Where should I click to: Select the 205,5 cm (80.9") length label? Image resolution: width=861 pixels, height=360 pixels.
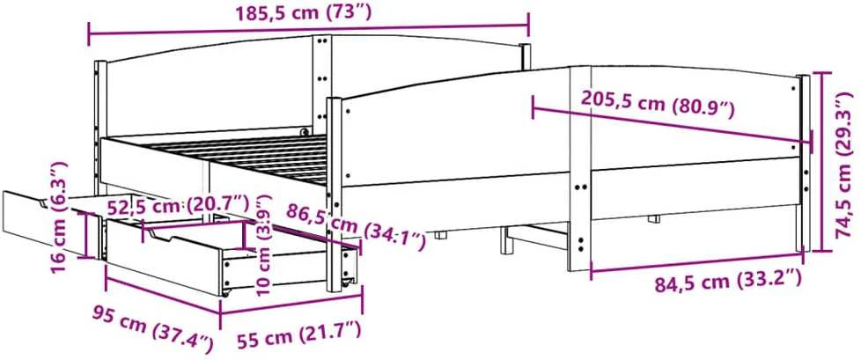pyautogui.click(x=658, y=104)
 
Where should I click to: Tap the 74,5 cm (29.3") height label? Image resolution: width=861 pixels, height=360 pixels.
pyautogui.click(x=845, y=165)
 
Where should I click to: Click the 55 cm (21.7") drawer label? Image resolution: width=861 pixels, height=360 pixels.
pyautogui.click(x=299, y=337)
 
